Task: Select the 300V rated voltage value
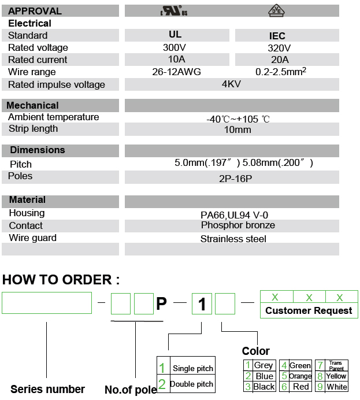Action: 174,47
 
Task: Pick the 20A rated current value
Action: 280,60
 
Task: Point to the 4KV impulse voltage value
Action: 231,84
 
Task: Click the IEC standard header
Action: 277,36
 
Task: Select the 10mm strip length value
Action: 237,129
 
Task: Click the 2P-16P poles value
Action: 236,179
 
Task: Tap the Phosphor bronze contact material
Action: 237,225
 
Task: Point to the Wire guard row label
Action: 32,238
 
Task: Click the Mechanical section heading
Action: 32,105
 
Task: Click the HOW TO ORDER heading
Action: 61,280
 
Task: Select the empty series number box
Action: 47,303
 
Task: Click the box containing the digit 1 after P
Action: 202,304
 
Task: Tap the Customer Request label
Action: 309,310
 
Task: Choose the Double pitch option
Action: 191,384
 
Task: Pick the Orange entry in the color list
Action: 300,376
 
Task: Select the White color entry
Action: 336,387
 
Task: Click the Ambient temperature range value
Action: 237,119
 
